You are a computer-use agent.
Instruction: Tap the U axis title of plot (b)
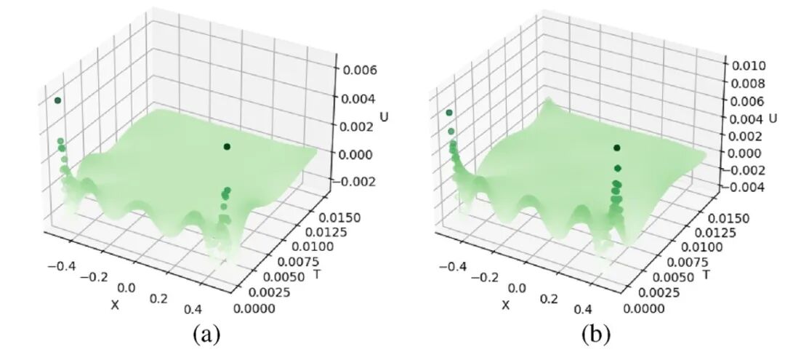pyautogui.click(x=773, y=118)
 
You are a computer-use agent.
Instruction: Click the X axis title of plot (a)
pyautogui.click(x=114, y=305)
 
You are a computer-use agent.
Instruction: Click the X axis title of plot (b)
pyautogui.click(x=506, y=304)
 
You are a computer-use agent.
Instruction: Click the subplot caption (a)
pyautogui.click(x=205, y=335)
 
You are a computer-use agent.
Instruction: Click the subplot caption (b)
pyautogui.click(x=596, y=335)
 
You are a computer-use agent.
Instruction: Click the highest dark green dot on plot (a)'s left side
pyautogui.click(x=57, y=100)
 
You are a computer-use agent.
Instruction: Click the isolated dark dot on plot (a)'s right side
pyautogui.click(x=227, y=147)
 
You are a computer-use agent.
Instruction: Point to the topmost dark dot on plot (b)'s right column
pyautogui.click(x=616, y=148)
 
